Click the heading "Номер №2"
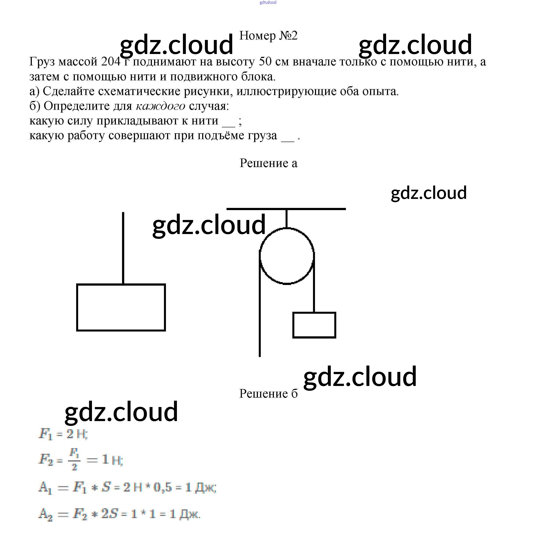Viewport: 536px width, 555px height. [268, 36]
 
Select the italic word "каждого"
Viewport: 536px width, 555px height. [160, 106]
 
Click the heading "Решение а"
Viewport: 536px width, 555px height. [268, 163]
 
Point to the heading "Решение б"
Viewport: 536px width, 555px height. [268, 394]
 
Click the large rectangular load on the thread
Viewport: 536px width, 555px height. [121, 307]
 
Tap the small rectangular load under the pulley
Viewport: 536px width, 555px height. [314, 325]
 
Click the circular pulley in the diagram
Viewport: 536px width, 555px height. [286, 256]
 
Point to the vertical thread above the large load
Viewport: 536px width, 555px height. [123, 248]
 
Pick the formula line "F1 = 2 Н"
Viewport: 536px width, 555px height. [63, 434]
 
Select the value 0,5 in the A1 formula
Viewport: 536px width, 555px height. [162, 487]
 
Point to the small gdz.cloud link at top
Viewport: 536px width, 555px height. [268, 3]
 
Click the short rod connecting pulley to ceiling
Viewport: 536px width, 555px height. [286, 219]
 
